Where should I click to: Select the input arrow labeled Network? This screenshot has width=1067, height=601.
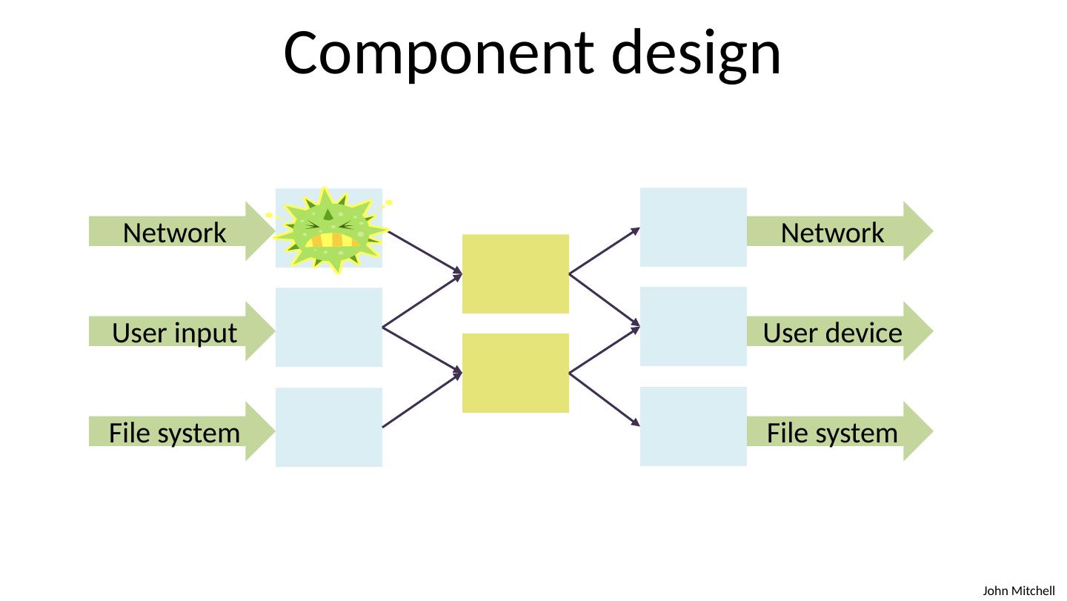coord(175,233)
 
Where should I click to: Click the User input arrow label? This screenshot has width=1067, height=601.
coord(175,333)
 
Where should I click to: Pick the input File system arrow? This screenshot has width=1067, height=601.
coord(175,433)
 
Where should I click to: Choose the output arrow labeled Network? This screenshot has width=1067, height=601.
coord(833,233)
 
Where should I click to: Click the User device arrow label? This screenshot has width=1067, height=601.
coord(833,333)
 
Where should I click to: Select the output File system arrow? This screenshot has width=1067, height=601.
coord(833,433)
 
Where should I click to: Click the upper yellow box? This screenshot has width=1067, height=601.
coord(516,273)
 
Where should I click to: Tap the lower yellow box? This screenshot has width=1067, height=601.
coord(516,373)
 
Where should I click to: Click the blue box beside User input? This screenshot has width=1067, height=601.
coord(329,327)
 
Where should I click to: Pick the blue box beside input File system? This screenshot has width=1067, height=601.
coord(329,428)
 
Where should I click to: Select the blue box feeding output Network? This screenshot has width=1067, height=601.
coord(694,227)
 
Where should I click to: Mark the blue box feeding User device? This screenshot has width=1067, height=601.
coord(694,326)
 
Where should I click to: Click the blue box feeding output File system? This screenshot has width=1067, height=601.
coord(694,426)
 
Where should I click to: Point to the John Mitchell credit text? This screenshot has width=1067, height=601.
coord(1018,591)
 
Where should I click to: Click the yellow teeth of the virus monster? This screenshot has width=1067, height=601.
coord(336,240)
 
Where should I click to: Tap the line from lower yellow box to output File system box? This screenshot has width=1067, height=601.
coord(605,399)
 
